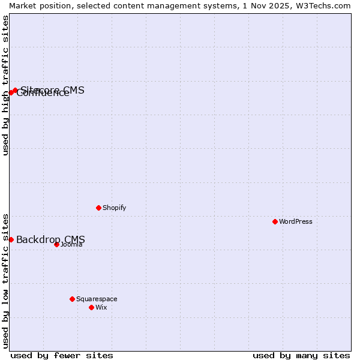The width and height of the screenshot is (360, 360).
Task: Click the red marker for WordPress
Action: (x=275, y=221)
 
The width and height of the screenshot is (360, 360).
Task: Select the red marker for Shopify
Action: (x=98, y=208)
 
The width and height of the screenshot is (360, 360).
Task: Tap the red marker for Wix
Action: (x=91, y=307)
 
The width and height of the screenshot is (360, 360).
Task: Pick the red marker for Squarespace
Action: (x=72, y=299)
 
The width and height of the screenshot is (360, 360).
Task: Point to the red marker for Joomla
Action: (x=56, y=244)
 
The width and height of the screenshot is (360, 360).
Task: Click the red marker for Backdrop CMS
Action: (x=11, y=239)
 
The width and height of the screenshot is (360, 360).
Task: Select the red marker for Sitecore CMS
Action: (x=15, y=91)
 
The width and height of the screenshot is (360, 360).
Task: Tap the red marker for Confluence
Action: (x=11, y=92)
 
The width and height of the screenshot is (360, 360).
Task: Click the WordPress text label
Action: (x=296, y=221)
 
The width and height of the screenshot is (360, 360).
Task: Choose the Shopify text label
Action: (x=114, y=208)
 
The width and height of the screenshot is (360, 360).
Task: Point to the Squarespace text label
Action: (x=97, y=299)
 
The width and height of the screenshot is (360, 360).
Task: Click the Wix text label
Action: (x=101, y=307)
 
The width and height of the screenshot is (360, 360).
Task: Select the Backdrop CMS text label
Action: (x=50, y=240)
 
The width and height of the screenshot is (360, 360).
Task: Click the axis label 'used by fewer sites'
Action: (x=62, y=355)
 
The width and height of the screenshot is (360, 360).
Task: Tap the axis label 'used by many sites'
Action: (x=301, y=355)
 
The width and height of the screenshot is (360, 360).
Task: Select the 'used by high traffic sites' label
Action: (x=5, y=85)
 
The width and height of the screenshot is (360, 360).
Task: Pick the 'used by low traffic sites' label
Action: (x=5, y=280)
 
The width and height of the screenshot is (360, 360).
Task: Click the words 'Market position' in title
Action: (x=37, y=5)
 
